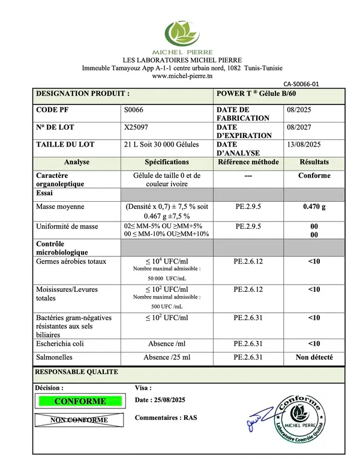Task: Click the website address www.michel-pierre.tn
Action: tap(182, 76)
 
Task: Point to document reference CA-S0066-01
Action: tap(301, 85)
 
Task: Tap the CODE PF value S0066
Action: tap(133, 110)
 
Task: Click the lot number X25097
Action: tap(136, 127)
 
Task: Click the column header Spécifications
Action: tap(167, 162)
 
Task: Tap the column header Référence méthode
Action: tap(248, 162)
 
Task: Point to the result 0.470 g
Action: tap(314, 207)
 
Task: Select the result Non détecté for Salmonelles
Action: tap(314, 357)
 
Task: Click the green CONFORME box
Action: tap(80, 401)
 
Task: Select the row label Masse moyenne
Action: tap(60, 207)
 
